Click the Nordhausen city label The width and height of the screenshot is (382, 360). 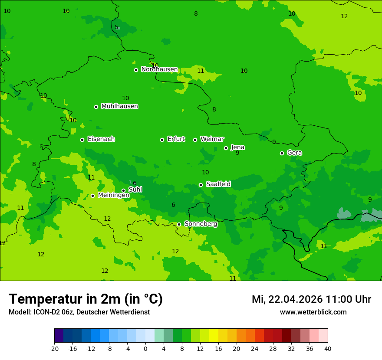click(159, 69)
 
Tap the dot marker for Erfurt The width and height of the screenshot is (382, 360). click(162, 140)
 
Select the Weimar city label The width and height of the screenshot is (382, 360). click(212, 139)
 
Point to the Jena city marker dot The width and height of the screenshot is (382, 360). click(226, 148)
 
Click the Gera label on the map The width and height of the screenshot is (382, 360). click(294, 153)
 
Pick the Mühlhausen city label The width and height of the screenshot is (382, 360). click(119, 106)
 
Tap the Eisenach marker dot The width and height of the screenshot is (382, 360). click(82, 140)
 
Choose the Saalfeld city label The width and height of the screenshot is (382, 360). click(218, 184)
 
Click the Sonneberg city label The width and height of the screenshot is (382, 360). click(201, 224)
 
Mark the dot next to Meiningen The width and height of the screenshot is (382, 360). click(92, 196)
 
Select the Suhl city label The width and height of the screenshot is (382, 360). click(135, 190)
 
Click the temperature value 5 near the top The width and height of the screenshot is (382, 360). click(116, 27)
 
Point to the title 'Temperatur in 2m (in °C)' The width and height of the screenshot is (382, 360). click(86, 299)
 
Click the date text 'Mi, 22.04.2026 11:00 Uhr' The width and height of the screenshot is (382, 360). click(311, 299)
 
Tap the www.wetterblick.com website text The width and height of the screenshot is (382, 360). click(313, 312)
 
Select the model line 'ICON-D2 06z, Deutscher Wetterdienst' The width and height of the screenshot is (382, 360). click(79, 312)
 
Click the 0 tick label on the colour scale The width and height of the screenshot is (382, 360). click(145, 349)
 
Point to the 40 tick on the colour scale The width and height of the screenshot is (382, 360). click(327, 349)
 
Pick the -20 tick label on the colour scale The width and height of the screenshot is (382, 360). click(54, 349)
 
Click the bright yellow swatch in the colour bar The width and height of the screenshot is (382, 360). click(214, 336)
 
